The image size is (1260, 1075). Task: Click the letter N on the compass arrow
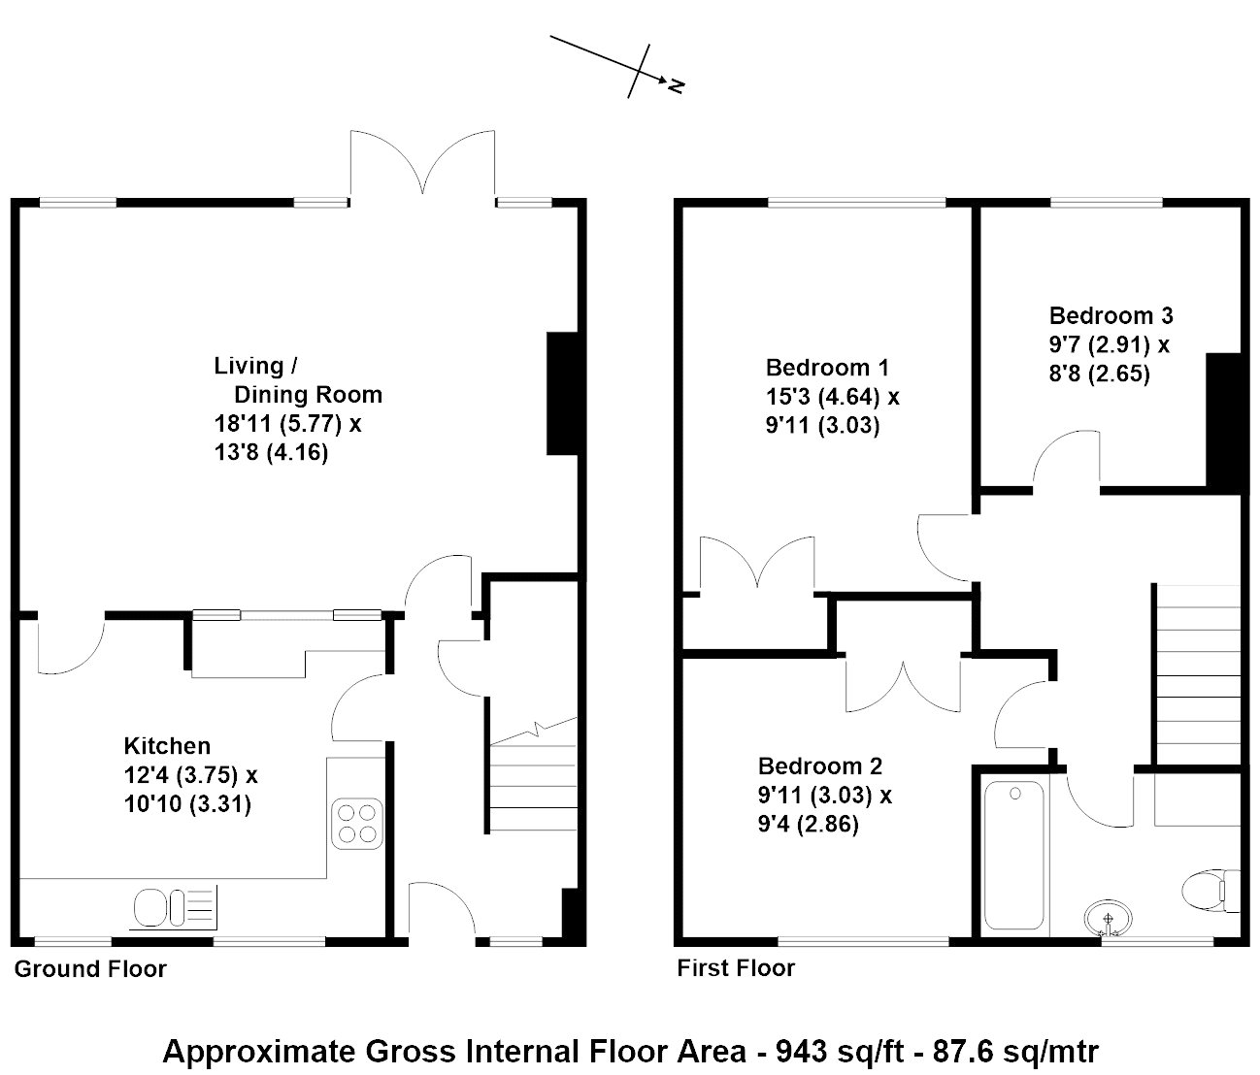(676, 86)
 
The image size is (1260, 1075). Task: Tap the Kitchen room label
(167, 746)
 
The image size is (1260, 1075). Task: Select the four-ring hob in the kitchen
(357, 824)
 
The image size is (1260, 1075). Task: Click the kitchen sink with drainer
(175, 907)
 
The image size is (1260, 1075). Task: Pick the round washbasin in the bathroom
(1109, 919)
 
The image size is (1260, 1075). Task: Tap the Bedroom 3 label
(1111, 315)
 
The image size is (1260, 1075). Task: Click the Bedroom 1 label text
(827, 368)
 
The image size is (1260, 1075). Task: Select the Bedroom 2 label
(820, 766)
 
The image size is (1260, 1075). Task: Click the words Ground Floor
(90, 969)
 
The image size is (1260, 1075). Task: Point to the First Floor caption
(736, 967)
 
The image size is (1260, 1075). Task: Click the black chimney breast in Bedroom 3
(1223, 423)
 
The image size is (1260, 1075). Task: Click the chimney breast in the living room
(562, 394)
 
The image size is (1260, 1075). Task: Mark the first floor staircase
(1197, 674)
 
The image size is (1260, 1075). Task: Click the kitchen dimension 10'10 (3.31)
(187, 804)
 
